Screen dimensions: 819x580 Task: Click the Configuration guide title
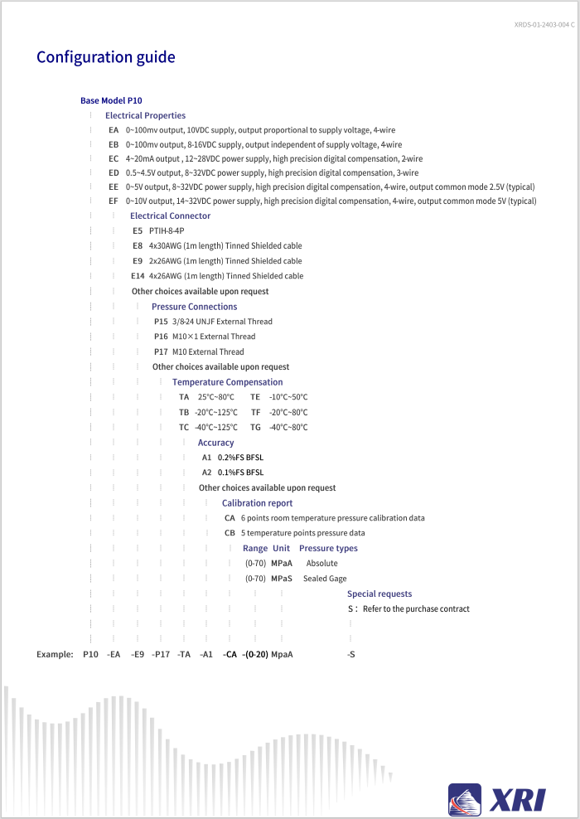point(105,57)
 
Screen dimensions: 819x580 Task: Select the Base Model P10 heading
point(111,100)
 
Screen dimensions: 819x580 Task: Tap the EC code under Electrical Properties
point(114,158)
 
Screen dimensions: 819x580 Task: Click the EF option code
point(114,201)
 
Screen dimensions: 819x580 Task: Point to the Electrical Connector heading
point(170,216)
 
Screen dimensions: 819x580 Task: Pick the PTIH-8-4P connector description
point(167,230)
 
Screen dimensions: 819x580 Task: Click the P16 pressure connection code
point(161,337)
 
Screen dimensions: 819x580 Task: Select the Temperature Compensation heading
point(227,382)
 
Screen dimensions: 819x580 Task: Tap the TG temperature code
point(255,428)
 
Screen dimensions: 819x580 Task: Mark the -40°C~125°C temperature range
point(216,428)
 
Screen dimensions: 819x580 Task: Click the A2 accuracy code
point(207,472)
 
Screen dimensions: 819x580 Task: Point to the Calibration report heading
point(257,503)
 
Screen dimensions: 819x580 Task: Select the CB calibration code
point(230,533)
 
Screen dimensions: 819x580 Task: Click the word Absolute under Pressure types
point(321,564)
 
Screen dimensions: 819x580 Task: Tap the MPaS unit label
point(282,579)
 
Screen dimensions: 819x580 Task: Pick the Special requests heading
point(379,594)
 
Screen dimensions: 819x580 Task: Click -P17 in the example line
point(161,654)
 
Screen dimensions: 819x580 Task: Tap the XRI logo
point(497,799)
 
